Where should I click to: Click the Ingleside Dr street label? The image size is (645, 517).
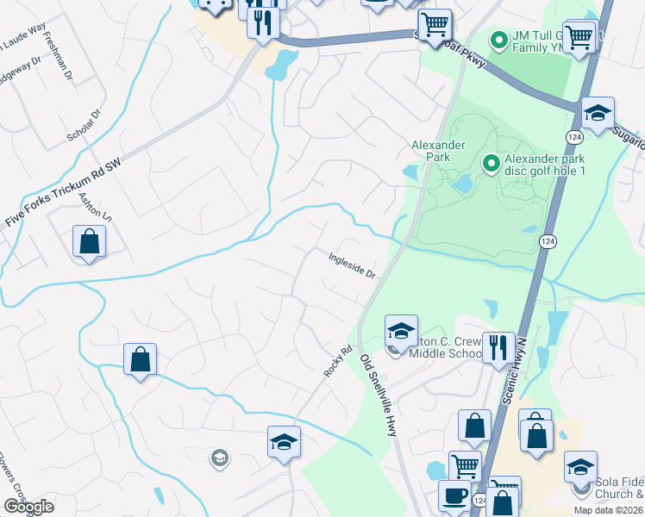click(351, 264)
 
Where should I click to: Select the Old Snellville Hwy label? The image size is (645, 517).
click(379, 396)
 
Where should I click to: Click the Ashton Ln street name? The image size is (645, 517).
click(96, 205)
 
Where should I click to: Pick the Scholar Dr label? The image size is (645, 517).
click(84, 126)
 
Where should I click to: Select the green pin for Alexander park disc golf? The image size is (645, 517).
click(491, 162)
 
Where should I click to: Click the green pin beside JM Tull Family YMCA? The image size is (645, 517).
click(498, 40)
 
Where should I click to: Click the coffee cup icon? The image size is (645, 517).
click(455, 496)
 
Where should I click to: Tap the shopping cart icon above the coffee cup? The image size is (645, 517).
click(465, 466)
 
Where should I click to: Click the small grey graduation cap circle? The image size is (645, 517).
click(220, 458)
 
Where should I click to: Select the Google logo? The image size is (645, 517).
click(28, 507)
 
